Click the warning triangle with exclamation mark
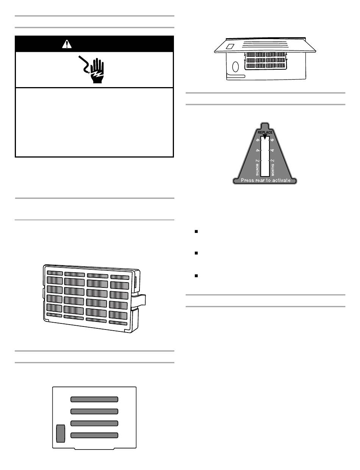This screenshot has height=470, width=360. coord(67,44)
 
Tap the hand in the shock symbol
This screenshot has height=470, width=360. coord(97,71)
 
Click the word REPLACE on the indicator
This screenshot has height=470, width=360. coord(265,133)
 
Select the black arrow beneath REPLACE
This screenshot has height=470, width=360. coord(265,136)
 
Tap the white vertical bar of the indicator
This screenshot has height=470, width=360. coord(265,156)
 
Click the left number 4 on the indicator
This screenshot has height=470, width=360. coord(257,150)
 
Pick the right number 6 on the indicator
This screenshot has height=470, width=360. coord(272,140)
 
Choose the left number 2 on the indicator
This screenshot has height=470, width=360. coord(257,161)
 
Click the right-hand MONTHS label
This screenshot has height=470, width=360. coord(272,170)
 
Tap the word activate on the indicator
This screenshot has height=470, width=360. coord(280,180)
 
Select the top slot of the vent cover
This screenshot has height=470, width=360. coord(94,399)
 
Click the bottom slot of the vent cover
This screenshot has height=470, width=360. coord(94,435)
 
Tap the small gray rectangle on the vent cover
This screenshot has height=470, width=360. coord(61,433)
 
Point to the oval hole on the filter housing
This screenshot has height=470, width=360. coord(235,67)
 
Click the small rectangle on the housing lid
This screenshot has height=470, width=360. coord(230,47)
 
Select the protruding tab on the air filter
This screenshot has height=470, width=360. coord(141,300)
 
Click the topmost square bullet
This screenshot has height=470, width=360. coord(196,231)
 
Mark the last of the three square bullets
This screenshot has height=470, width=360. coord(196,276)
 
